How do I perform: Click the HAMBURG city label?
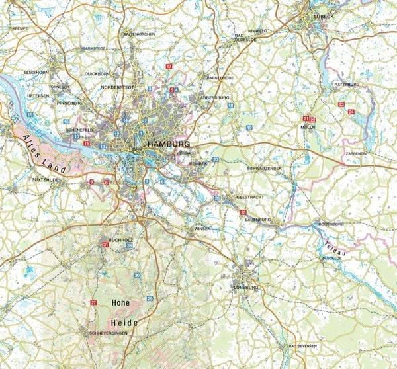[169, 144]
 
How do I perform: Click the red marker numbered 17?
[169, 67]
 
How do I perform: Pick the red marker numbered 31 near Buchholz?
[105, 245]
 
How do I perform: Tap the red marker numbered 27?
[93, 302]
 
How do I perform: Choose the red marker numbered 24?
[351, 112]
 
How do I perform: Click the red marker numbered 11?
[86, 143]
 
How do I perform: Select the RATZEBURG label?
[346, 85]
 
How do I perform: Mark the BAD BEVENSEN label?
[302, 346]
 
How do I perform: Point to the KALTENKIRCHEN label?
[138, 34]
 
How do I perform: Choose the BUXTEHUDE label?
[45, 179]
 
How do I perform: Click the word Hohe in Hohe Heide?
[120, 303]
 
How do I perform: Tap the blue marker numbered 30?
[137, 274]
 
